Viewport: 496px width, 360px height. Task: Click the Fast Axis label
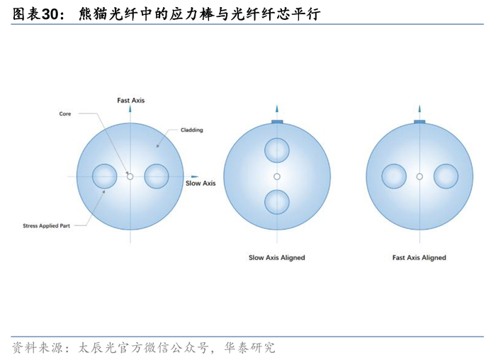[130, 101]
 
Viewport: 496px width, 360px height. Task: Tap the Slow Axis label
[201, 183]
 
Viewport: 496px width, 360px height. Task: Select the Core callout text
[64, 113]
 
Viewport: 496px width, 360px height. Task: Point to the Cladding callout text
[191, 130]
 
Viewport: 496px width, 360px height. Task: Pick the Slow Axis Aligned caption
[276, 258]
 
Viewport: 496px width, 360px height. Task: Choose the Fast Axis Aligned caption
[419, 258]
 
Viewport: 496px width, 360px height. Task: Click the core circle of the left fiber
[130, 176]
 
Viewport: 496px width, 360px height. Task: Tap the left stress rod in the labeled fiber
[105, 176]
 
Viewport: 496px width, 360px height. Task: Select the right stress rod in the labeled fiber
[156, 176]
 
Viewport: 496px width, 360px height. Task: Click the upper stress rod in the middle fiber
[276, 150]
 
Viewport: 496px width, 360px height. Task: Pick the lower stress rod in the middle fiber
[276, 202]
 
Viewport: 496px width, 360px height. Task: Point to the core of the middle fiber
[276, 176]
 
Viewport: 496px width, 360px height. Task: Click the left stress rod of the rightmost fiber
[393, 176]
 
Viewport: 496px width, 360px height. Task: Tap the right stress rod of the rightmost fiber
[446, 176]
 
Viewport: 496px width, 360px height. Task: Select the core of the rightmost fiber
[419, 176]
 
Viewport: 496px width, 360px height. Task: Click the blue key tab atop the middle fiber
[276, 122]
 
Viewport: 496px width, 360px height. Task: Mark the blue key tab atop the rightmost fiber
[419, 122]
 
